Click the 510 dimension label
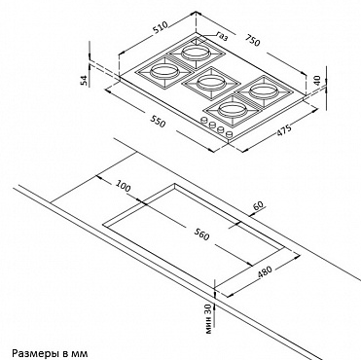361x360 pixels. (161, 28)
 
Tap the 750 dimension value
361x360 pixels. (252, 41)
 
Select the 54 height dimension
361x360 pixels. (84, 81)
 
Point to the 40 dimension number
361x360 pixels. (317, 80)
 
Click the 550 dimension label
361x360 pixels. (158, 122)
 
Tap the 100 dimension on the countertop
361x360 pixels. (123, 186)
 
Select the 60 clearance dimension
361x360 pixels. (259, 205)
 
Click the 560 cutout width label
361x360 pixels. (201, 234)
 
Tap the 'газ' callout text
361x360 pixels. (222, 37)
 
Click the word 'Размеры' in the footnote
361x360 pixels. (31, 353)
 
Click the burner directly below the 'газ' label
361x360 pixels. (195, 54)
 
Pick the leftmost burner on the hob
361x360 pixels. (164, 71)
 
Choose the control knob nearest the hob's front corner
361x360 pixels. (229, 133)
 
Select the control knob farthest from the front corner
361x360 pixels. (204, 120)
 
